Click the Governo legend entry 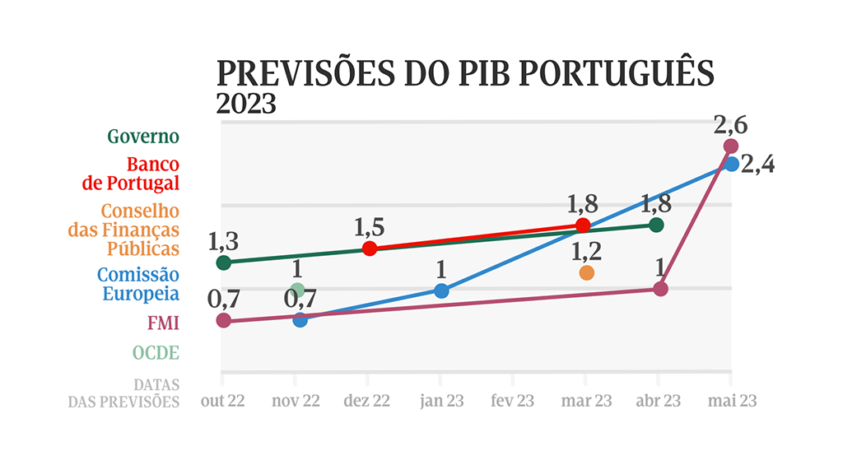click(x=142, y=137)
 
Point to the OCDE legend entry click(x=156, y=353)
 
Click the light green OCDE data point click(x=298, y=290)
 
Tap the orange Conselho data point click(x=586, y=272)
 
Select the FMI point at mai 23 click(x=730, y=146)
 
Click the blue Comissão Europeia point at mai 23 click(x=731, y=164)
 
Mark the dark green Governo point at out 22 click(x=223, y=263)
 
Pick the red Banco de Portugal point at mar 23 click(x=584, y=225)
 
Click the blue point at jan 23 click(x=441, y=290)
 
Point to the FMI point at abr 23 click(x=659, y=289)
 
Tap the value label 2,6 click(x=730, y=125)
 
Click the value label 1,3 click(x=223, y=242)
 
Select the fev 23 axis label click(x=512, y=401)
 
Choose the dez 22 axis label click(x=366, y=401)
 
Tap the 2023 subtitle click(x=245, y=105)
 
